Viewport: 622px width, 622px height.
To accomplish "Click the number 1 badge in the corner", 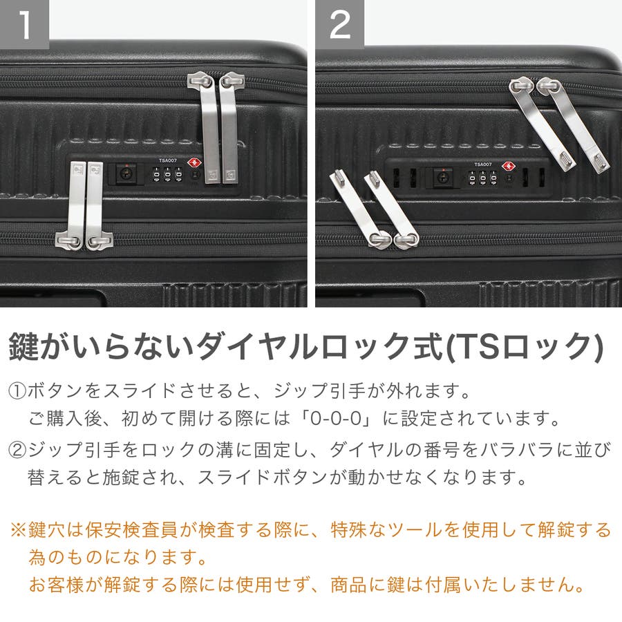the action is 25,24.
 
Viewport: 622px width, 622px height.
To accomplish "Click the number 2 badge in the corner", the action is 339,24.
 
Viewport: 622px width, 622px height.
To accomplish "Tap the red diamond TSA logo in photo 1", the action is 194,162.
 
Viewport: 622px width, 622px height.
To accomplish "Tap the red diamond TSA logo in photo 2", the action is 508,166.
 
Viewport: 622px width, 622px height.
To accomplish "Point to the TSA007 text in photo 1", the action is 168,160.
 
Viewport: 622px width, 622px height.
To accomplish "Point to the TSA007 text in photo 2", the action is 483,164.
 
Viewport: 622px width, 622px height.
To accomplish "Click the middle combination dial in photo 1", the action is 168,175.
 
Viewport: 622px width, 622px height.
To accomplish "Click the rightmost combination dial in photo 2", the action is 493,178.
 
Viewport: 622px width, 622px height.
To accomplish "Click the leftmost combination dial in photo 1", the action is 157,175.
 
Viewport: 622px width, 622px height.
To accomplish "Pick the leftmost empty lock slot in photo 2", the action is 396,178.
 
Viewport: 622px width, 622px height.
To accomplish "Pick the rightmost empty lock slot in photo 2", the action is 542,178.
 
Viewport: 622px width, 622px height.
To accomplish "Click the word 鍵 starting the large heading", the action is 23,347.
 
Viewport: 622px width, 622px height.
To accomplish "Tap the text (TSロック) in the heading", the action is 525,348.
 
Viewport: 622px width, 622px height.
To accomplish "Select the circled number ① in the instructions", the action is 17,392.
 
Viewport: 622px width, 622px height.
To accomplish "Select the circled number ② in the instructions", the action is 17,451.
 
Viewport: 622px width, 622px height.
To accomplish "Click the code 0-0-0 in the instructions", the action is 336,419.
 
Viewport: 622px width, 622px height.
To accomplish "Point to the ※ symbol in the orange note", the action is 18,530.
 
